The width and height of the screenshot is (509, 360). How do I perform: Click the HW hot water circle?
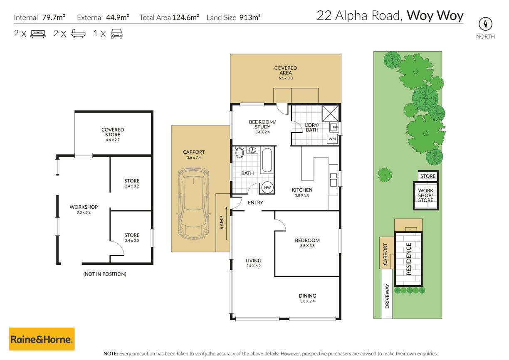pyautogui.click(x=267, y=187)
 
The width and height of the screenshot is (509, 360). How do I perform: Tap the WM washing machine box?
pyautogui.click(x=332, y=139)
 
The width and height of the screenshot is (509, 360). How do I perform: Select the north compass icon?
pyautogui.click(x=485, y=24)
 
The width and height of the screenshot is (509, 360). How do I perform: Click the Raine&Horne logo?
pyautogui.click(x=42, y=339)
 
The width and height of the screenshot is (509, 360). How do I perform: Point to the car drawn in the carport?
pyautogui.click(x=194, y=204)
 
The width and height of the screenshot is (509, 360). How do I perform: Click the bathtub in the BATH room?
pyautogui.click(x=267, y=160)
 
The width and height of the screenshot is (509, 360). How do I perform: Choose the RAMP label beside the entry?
pyautogui.click(x=222, y=222)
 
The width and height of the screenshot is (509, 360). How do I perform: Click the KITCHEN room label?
pyautogui.click(x=302, y=190)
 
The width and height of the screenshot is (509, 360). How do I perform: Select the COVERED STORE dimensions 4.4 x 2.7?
pyautogui.click(x=113, y=140)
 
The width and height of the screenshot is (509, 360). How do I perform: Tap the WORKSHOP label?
pyautogui.click(x=84, y=207)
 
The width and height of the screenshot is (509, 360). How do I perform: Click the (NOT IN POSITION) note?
pyautogui.click(x=105, y=274)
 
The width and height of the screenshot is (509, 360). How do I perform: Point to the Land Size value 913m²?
pyautogui.click(x=250, y=17)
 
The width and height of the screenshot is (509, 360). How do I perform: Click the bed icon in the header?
pyautogui.click(x=38, y=34)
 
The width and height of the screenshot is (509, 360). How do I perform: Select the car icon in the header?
pyautogui.click(x=116, y=34)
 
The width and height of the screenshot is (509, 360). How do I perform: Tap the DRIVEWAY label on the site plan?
pyautogui.click(x=387, y=296)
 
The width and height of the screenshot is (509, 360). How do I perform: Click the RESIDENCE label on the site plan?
pyautogui.click(x=408, y=259)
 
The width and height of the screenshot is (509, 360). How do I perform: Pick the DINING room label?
pyautogui.click(x=307, y=296)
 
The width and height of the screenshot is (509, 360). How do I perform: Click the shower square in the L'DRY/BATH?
pyautogui.click(x=330, y=113)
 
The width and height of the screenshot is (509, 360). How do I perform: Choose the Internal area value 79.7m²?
pyautogui.click(x=54, y=17)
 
